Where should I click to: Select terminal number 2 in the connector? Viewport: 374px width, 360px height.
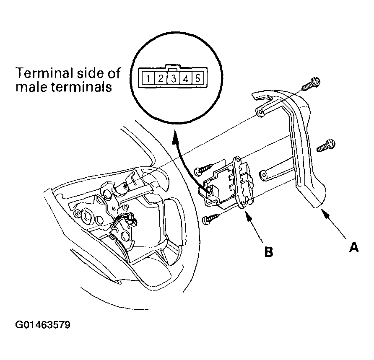click(160, 78)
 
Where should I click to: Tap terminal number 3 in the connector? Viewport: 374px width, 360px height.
click(173, 78)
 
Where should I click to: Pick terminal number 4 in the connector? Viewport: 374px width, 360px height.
click(186, 78)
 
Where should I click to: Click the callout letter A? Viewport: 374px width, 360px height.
click(354, 247)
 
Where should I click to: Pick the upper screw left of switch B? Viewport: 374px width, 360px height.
click(203, 170)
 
